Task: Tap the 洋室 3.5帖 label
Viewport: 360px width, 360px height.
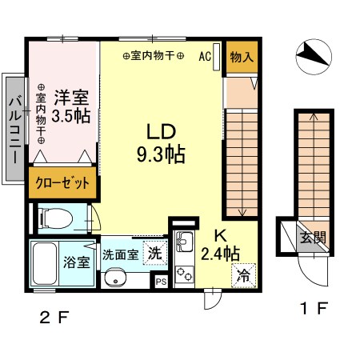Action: click(71, 105)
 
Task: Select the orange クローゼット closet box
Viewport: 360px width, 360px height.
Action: click(63, 182)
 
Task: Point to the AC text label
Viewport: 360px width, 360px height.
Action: click(205, 57)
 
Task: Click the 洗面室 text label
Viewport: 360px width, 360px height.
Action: click(120, 254)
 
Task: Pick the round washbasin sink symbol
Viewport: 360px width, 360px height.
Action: click(116, 279)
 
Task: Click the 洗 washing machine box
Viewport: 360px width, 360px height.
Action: click(154, 252)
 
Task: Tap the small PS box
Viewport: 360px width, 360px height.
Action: click(161, 281)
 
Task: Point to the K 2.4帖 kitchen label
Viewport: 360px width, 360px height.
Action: click(218, 245)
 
